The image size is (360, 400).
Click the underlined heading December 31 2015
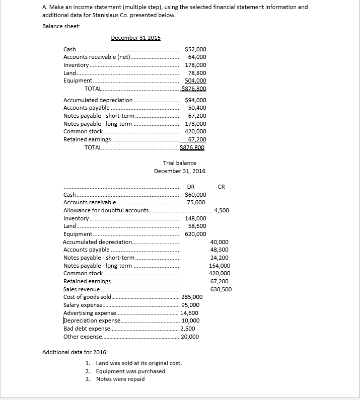[135, 38]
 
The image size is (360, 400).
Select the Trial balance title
[180, 163]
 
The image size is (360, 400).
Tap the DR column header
[184, 187]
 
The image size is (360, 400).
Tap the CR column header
[221, 187]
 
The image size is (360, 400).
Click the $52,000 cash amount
[195, 49]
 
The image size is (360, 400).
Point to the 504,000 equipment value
[195, 81]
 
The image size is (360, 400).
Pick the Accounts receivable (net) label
[96, 57]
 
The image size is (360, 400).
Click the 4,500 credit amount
[222, 210]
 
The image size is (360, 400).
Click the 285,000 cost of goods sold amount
[192, 297]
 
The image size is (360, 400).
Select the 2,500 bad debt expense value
[188, 329]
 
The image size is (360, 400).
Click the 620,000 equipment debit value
[195, 234]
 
